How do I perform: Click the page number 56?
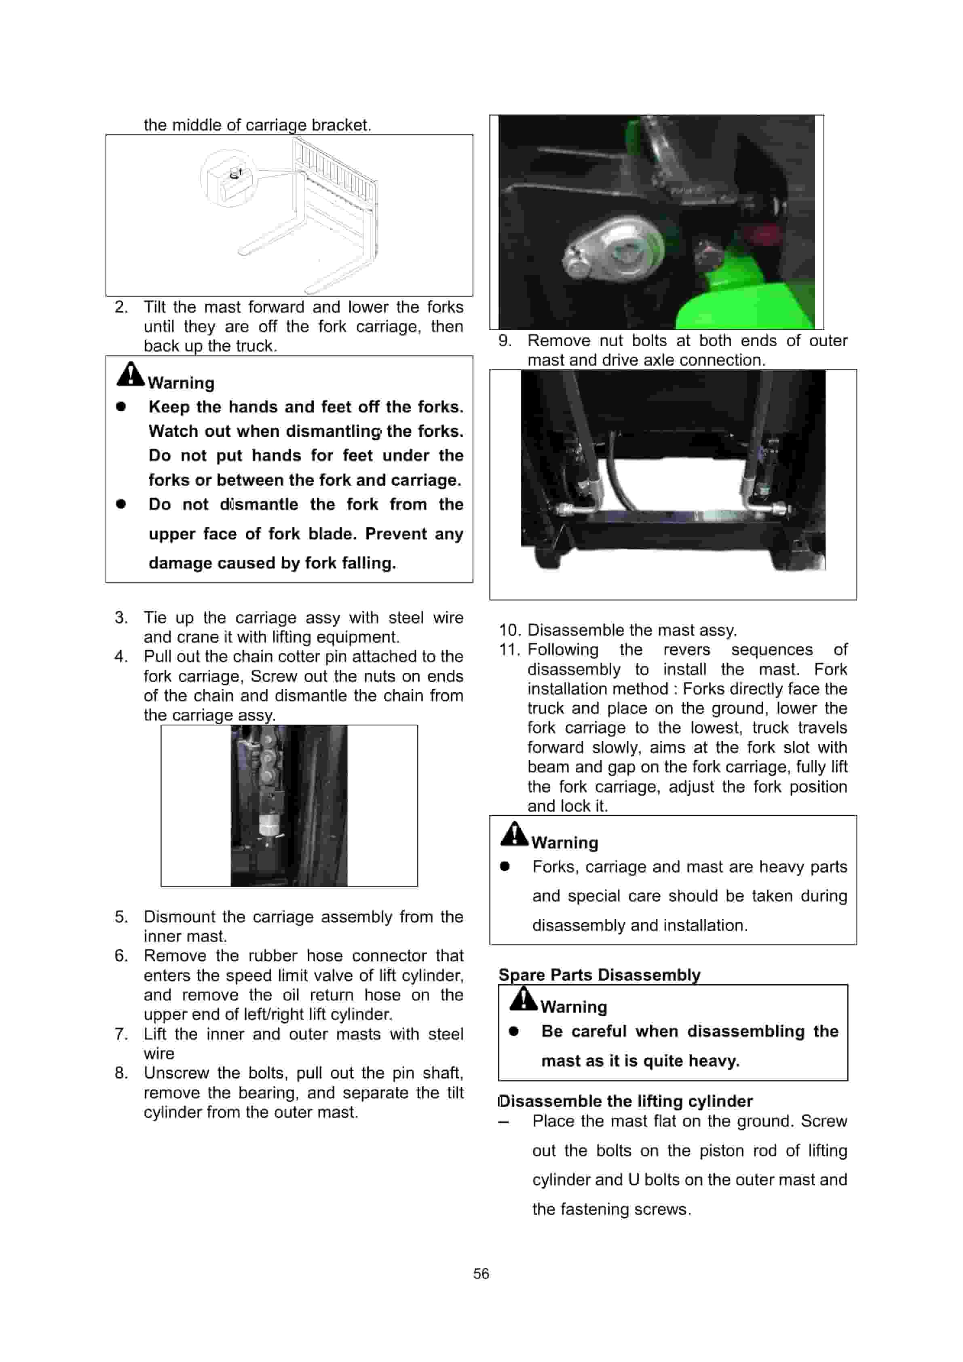pyautogui.click(x=481, y=1273)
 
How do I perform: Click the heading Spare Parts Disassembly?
pyautogui.click(x=599, y=975)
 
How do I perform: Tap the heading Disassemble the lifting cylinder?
pyautogui.click(x=625, y=1101)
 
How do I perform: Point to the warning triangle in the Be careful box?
pyautogui.click(x=523, y=998)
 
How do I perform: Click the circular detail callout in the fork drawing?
pyautogui.click(x=229, y=178)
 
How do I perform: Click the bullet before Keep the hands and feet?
pyautogui.click(x=121, y=406)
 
